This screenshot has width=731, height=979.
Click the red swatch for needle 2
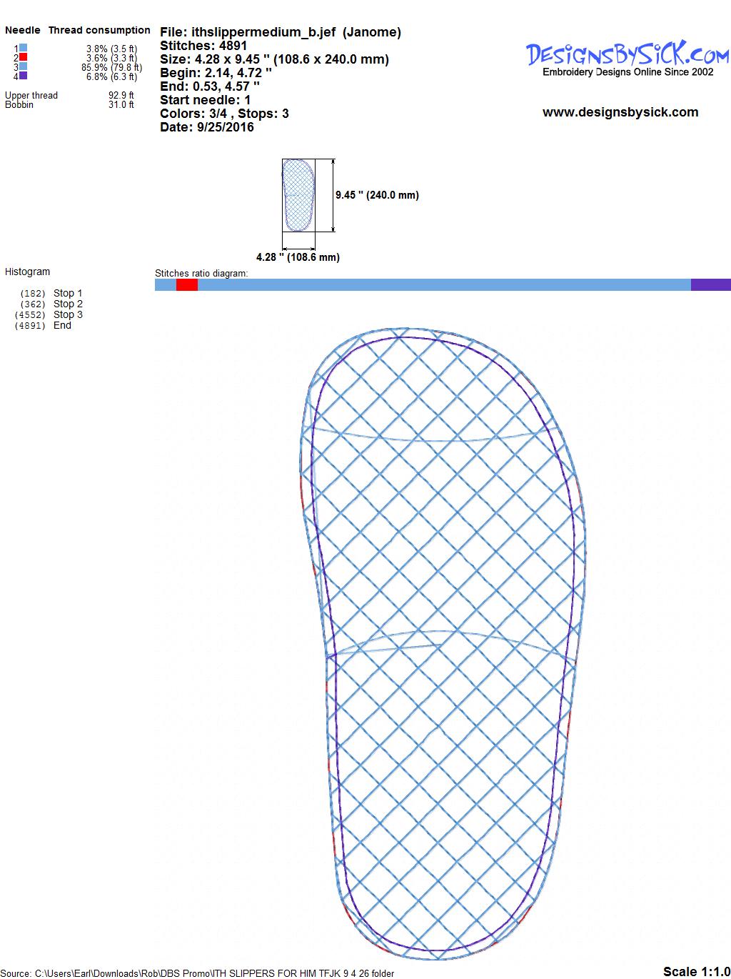point(23,57)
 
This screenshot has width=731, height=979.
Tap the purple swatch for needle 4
point(23,75)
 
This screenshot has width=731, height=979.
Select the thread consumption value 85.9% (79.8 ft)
point(112,67)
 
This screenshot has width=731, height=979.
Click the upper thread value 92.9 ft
point(121,95)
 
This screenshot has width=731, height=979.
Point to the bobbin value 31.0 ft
point(121,104)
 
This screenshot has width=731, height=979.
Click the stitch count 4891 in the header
point(233,46)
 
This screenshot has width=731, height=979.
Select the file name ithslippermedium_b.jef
point(263,32)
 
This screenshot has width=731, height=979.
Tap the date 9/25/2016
point(226,127)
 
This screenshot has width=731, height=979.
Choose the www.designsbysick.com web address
point(620,112)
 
